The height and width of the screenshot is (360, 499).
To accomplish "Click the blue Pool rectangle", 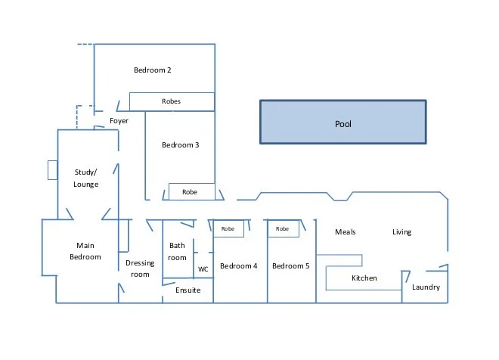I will (x=343, y=123).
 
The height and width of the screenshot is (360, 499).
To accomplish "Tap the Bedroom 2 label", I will (x=153, y=70).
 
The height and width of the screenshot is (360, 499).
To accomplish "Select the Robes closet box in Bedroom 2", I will (x=172, y=101).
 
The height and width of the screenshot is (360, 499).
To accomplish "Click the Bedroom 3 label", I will (x=180, y=145).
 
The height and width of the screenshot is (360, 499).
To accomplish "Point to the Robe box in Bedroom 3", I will (x=190, y=193).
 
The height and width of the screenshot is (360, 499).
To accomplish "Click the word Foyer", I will (x=119, y=121).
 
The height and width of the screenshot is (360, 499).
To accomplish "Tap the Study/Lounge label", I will (x=86, y=178).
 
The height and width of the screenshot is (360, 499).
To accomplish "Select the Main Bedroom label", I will (x=85, y=251).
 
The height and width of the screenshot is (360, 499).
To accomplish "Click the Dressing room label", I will (x=140, y=268).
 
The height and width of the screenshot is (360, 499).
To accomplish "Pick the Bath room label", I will (x=177, y=252).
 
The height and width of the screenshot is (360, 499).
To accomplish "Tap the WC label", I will (x=203, y=268).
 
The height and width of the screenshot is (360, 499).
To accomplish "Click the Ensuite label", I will (x=188, y=290).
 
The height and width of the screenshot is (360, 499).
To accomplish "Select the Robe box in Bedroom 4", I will (x=228, y=228).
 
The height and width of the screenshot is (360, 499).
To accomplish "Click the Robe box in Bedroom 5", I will (x=283, y=228).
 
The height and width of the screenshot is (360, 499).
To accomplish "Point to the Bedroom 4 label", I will (x=239, y=266).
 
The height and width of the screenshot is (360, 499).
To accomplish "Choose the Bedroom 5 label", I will (x=291, y=266).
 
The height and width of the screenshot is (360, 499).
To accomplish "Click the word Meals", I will (x=345, y=232).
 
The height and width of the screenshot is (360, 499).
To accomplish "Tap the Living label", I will (x=401, y=232).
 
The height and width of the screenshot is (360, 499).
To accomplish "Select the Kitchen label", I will (x=364, y=278).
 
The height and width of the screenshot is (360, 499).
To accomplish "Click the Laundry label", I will (x=426, y=287).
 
